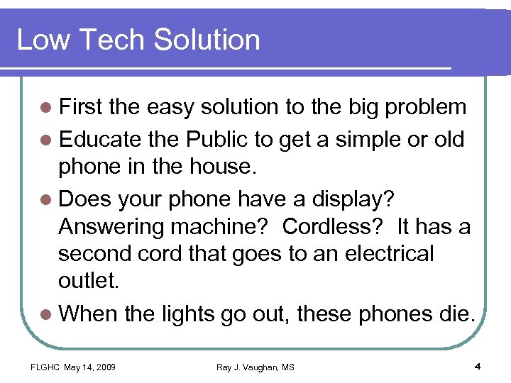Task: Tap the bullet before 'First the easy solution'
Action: (x=47, y=107)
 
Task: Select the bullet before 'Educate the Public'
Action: (x=47, y=140)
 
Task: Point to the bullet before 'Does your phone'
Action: (x=47, y=201)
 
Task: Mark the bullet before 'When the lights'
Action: (x=47, y=314)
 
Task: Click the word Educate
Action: (x=98, y=139)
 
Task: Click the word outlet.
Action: (x=89, y=282)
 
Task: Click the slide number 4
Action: (x=477, y=366)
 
